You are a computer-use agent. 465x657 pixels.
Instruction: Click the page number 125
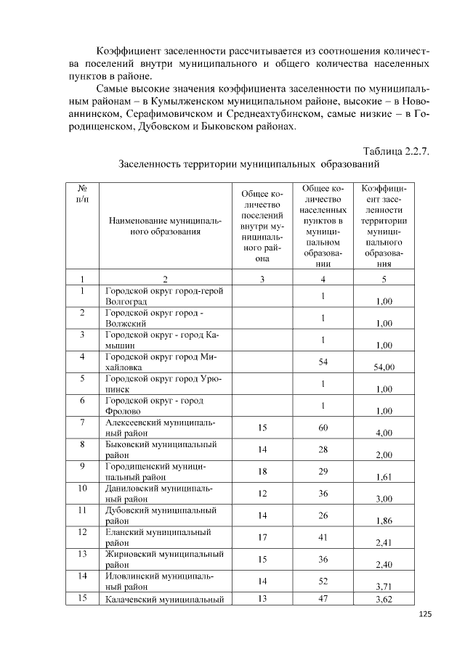[425, 616]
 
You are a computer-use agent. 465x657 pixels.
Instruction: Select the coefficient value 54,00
[384, 367]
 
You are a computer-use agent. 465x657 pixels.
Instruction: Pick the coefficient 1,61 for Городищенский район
[384, 478]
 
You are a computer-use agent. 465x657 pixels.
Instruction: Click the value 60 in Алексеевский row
[323, 428]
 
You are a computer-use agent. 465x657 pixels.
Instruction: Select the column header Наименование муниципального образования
[154, 226]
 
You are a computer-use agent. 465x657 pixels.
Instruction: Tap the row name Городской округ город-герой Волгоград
[163, 295]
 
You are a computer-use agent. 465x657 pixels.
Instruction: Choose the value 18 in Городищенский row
[263, 472]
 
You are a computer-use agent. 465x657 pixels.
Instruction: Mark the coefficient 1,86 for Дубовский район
[384, 521]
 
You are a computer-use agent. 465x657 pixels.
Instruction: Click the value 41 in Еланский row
[323, 537]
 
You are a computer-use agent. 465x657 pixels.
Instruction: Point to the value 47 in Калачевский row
[323, 599]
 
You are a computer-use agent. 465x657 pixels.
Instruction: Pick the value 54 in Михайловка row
[323, 362]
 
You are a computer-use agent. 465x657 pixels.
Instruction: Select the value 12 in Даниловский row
[263, 494]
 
